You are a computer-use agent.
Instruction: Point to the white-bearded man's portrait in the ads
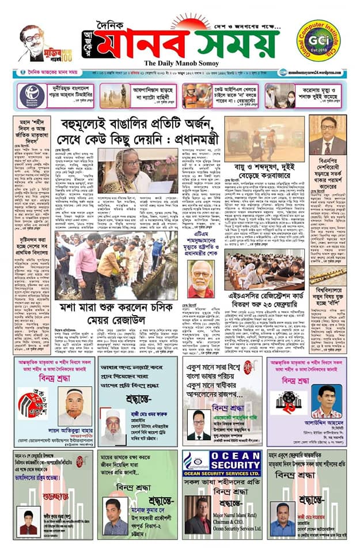point(116,427)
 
